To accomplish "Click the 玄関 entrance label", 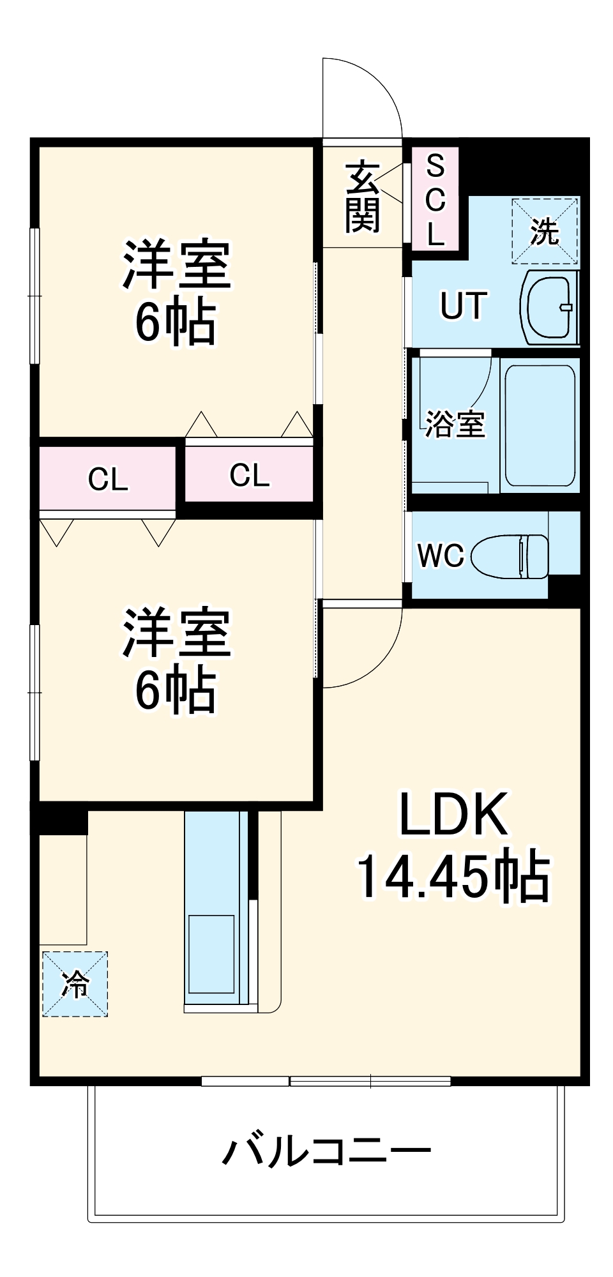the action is (x=363, y=197).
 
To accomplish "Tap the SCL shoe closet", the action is (x=435, y=199).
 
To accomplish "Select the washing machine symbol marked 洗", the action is (x=545, y=231).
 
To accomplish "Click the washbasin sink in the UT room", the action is (x=550, y=308).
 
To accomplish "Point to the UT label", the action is (x=464, y=306).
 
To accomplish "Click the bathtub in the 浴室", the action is (x=540, y=425).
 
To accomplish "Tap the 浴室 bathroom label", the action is (x=455, y=423).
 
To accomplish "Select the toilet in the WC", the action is (x=510, y=556).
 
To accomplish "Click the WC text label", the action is (x=440, y=555).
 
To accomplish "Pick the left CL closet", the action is (x=107, y=478).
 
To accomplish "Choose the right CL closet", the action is (x=250, y=474).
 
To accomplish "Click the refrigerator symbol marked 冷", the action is (x=75, y=984).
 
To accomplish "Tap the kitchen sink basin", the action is (x=211, y=954).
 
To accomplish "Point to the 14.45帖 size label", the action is (x=453, y=875).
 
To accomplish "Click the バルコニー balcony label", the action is (x=326, y=1151).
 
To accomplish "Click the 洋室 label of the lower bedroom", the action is (x=176, y=633).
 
